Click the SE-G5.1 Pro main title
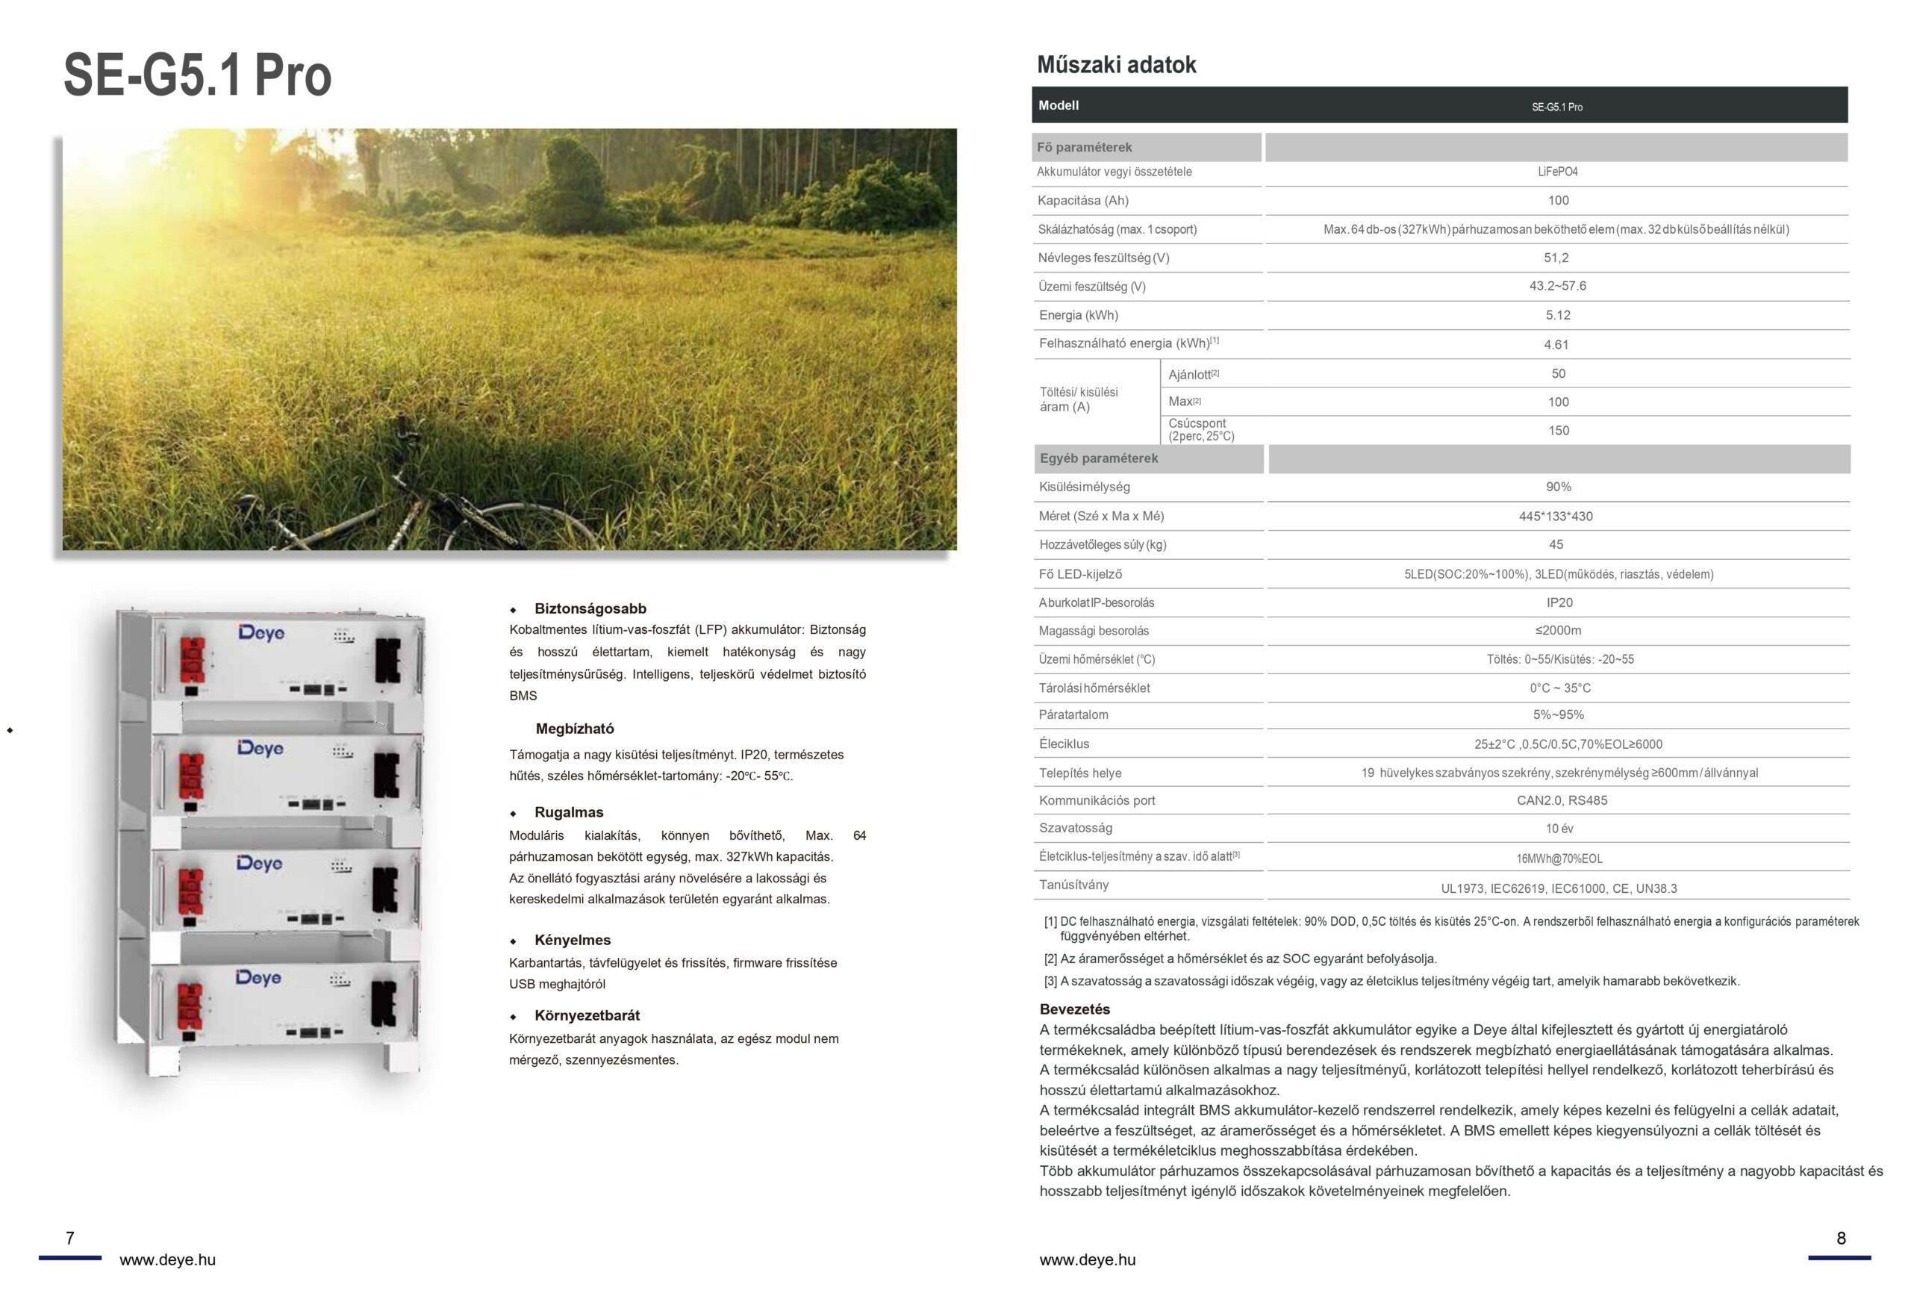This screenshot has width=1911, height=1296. [x=197, y=75]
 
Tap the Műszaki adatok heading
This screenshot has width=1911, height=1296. [x=1116, y=65]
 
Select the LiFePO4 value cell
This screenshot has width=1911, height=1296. [x=1557, y=172]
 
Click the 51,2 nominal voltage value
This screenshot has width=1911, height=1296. [x=1556, y=258]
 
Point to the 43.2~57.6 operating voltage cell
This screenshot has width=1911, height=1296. [x=1557, y=286]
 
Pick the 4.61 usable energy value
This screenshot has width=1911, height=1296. [x=1556, y=345]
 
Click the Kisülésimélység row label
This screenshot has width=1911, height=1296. [x=1084, y=487]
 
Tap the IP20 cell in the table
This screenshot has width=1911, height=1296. [x=1559, y=602]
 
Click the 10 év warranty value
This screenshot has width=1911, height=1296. [x=1559, y=829]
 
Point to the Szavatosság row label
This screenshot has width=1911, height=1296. [x=1075, y=828]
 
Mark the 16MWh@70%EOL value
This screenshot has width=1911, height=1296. [x=1559, y=859]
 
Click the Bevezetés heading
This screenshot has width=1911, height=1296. [x=1074, y=1009]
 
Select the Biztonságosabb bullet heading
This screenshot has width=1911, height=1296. [x=590, y=608]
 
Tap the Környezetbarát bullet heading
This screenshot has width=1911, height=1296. [x=586, y=1015]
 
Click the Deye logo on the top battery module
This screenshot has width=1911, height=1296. [x=261, y=632]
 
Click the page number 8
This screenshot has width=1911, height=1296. [x=1841, y=1239]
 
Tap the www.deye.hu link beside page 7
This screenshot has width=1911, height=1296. [x=168, y=1261]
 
